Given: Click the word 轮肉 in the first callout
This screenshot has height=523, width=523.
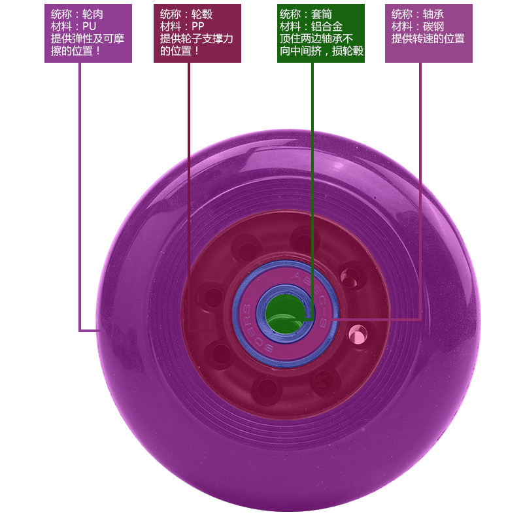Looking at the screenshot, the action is (93, 14).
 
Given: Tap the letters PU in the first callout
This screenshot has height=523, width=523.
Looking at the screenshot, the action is (90, 27).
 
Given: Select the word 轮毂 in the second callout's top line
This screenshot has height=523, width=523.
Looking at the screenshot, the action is (203, 14).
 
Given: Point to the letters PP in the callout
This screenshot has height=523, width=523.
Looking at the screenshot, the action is (199, 27).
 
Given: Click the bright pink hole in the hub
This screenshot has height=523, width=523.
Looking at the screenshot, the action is (357, 335).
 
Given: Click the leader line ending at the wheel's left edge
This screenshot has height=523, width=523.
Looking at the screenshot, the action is (80, 196).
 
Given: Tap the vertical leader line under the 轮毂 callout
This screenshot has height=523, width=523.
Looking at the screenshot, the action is (189, 163).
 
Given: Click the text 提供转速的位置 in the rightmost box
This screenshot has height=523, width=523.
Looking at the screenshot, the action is (428, 39).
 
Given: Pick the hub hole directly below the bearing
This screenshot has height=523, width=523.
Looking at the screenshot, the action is (267, 388).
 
